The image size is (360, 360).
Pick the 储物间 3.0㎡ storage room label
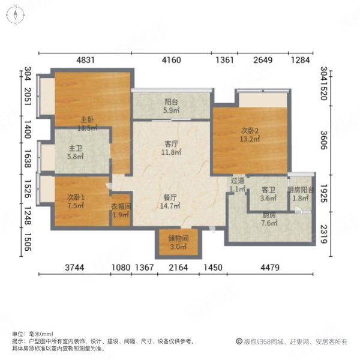(179, 242)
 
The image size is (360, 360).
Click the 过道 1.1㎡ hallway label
(238, 184)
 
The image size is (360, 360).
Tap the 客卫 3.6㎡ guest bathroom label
(268, 194)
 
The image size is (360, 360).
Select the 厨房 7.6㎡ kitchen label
(270, 220)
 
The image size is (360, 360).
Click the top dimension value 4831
(86, 59)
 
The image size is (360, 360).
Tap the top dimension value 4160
(172, 59)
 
